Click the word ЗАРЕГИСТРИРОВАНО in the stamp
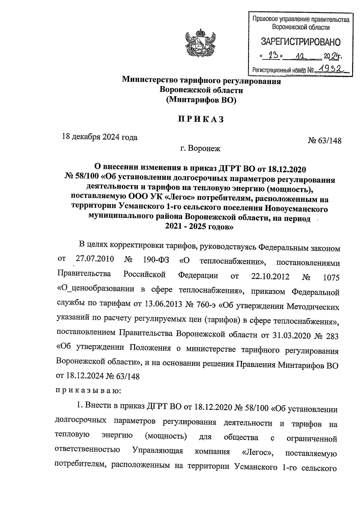pyautogui.click(x=301, y=42)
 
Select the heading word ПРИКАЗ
pyautogui.click(x=201, y=119)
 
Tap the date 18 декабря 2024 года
pyautogui.click(x=100, y=137)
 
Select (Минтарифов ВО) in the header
pyautogui.click(x=201, y=100)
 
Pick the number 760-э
pyautogui.click(x=206, y=305)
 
